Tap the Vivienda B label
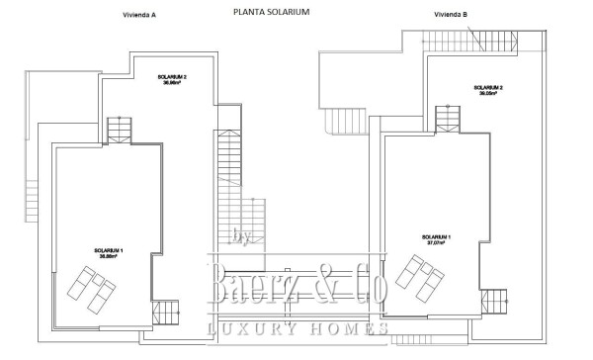tap(451, 15)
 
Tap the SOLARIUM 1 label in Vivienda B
tap(436, 236)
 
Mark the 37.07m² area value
tap(436, 243)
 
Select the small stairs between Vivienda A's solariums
tap(119, 130)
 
